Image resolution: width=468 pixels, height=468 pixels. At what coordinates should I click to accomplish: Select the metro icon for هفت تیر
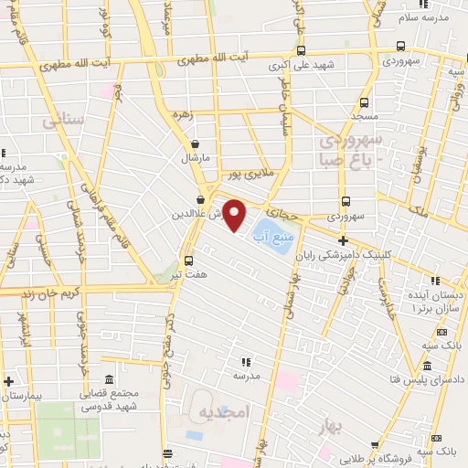[x=188, y=259]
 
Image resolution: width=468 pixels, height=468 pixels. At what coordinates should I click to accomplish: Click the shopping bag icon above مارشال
[x=195, y=144]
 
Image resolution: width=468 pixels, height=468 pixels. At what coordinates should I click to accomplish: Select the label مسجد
[x=365, y=118]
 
